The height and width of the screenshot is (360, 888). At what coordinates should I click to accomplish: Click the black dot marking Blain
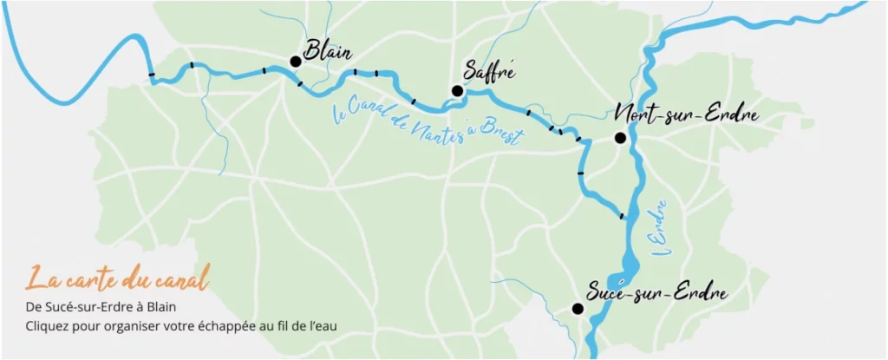click(x=296, y=61)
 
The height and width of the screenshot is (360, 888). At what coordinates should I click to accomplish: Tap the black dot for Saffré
click(x=457, y=90)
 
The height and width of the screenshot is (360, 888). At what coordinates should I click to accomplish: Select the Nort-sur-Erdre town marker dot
click(x=620, y=138)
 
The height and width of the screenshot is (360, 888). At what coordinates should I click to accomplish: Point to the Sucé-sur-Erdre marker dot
click(x=578, y=308)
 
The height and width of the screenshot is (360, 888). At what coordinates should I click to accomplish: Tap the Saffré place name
click(x=490, y=72)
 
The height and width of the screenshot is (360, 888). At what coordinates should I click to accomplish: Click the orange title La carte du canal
click(x=118, y=279)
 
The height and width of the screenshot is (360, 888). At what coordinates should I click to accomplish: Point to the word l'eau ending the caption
click(x=320, y=326)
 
